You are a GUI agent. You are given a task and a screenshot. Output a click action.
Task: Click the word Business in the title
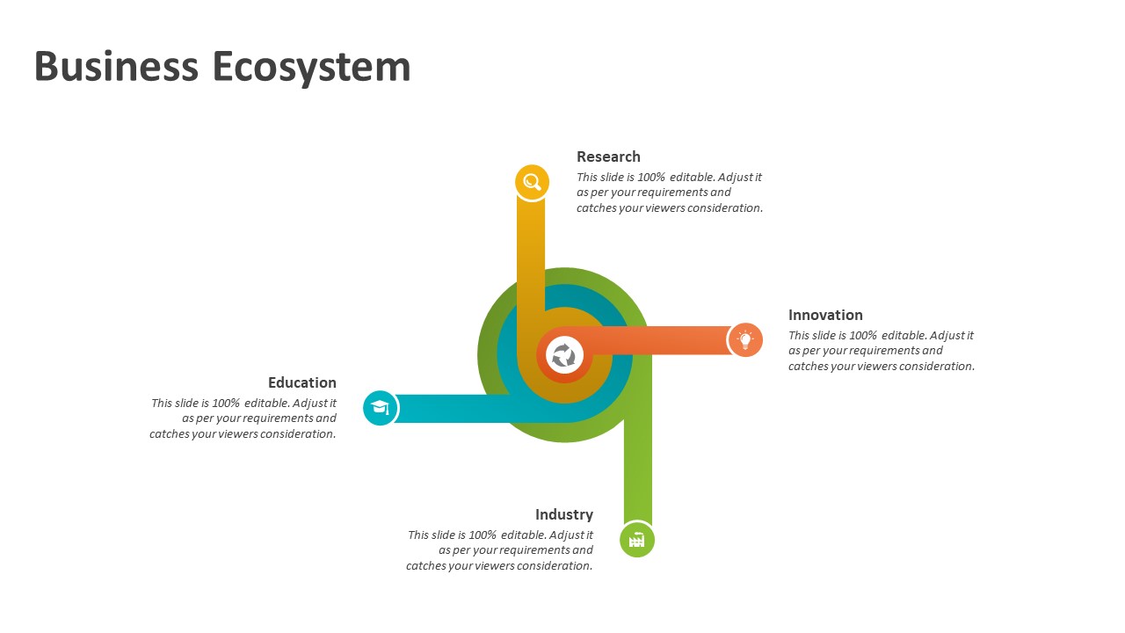point(116,66)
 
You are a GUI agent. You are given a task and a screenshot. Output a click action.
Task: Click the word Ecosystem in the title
point(311,69)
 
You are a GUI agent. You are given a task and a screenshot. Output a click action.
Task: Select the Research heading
point(608,156)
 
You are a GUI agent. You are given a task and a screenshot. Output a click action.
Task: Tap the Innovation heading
point(825,315)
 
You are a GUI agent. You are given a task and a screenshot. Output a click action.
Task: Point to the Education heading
point(301,382)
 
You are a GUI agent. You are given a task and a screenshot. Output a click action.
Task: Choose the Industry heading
point(564,515)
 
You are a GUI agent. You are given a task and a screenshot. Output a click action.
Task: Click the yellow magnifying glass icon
point(532,182)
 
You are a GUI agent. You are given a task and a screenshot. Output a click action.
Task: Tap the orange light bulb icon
point(745,340)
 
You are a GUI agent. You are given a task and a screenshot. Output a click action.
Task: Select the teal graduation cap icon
point(381,407)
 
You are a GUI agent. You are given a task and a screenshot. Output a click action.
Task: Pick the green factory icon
point(637,540)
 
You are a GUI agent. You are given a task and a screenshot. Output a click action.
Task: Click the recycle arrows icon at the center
point(564,355)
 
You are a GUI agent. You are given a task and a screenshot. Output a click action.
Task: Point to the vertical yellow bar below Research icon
point(531,261)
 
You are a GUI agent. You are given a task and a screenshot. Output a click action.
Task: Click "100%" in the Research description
point(651,178)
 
